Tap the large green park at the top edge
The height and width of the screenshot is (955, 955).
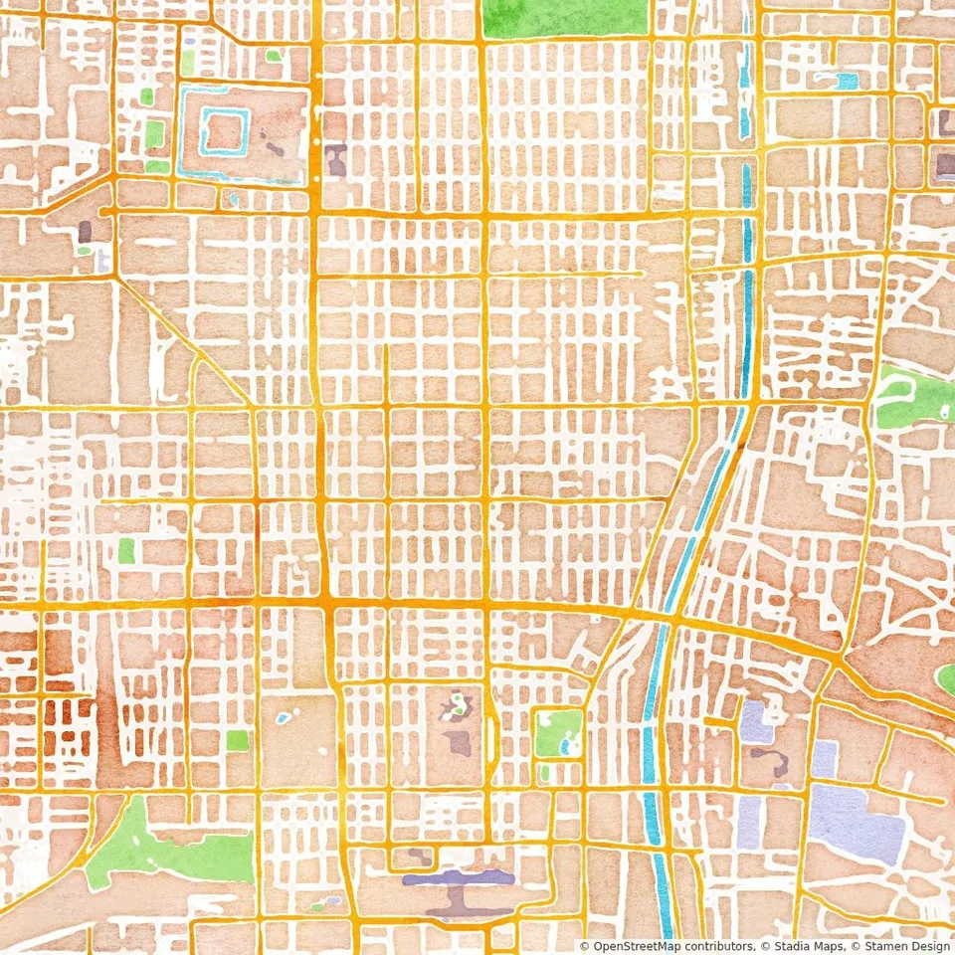pos(563,17)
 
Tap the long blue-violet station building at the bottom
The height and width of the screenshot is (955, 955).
pos(459,877)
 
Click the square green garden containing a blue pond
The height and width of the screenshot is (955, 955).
pos(558,732)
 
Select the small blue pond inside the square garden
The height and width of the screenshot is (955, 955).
pos(565,743)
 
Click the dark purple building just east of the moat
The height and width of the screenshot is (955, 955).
pos(336,159)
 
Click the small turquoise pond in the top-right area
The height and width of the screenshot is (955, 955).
pos(846,81)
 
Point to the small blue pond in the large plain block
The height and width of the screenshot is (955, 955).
pos(284,716)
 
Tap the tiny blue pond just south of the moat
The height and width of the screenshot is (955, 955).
pos(235,199)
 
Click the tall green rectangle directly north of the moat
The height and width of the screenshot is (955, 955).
pos(188,62)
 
